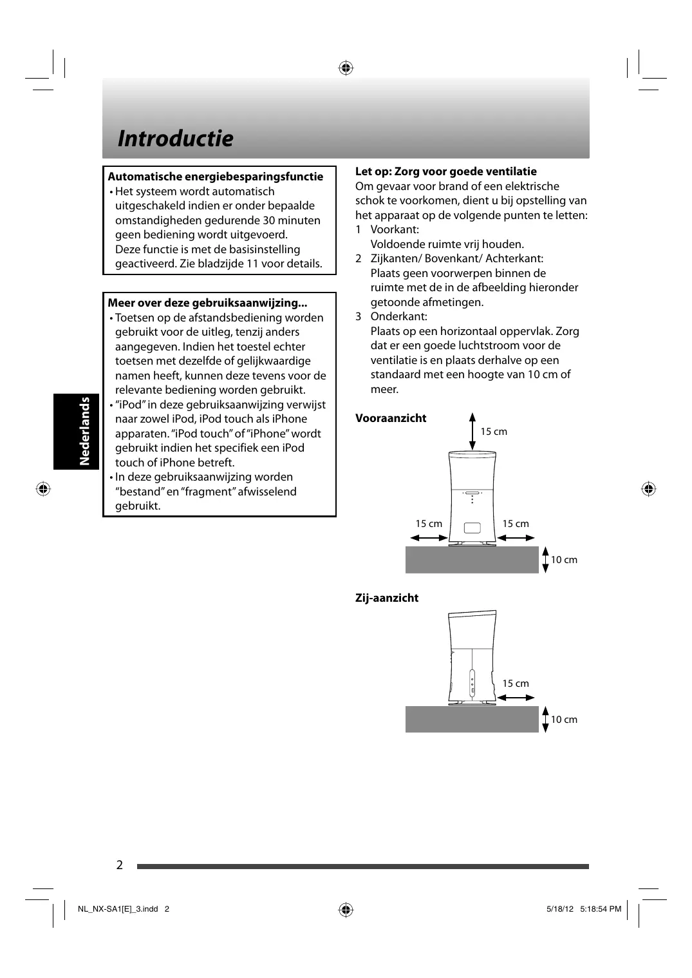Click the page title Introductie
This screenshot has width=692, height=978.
click(175, 139)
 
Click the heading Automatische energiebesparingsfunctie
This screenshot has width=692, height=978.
click(215, 177)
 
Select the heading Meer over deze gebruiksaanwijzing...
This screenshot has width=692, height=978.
click(207, 303)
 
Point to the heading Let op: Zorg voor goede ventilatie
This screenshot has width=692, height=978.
click(445, 171)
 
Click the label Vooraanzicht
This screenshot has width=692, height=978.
click(391, 418)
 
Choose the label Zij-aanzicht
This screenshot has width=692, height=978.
click(387, 598)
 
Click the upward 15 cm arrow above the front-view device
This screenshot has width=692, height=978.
click(472, 431)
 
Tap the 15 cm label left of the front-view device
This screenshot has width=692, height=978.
click(429, 524)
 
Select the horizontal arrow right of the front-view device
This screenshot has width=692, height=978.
click(516, 537)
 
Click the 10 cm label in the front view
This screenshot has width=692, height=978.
click(564, 560)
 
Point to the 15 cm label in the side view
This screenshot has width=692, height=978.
click(516, 684)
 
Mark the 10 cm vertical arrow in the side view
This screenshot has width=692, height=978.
click(545, 720)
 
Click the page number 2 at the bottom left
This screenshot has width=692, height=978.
click(120, 865)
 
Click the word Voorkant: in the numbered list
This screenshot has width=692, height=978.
click(395, 229)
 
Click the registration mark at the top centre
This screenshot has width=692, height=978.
click(346, 67)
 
